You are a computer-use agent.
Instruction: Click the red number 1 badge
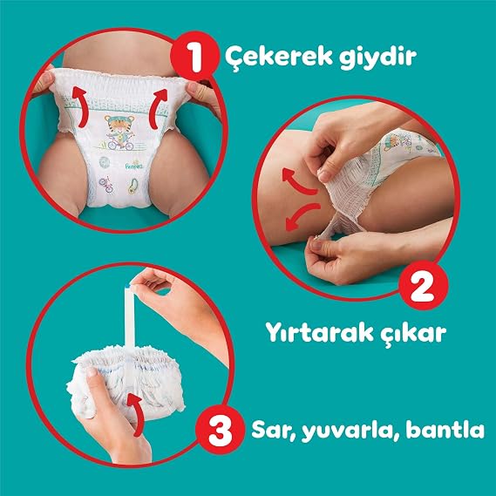pyautogui.click(x=194, y=57)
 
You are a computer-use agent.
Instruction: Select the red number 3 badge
pyautogui.click(x=221, y=430)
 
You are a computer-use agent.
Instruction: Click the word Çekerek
pyautogui.click(x=279, y=57)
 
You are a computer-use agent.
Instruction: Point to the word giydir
pyautogui.click(x=378, y=57)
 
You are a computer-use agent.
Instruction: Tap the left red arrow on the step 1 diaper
pyautogui.click(x=78, y=107)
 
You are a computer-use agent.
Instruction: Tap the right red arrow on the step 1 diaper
pyautogui.click(x=157, y=108)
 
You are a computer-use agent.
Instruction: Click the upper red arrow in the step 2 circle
pyautogui.click(x=298, y=183)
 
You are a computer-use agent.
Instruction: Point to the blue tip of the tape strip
pyautogui.click(x=128, y=286)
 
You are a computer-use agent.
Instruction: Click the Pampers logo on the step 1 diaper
pyautogui.click(x=133, y=166)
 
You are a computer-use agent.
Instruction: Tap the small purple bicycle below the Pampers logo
pyautogui.click(x=106, y=185)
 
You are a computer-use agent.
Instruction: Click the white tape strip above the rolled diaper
pyautogui.click(x=129, y=316)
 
